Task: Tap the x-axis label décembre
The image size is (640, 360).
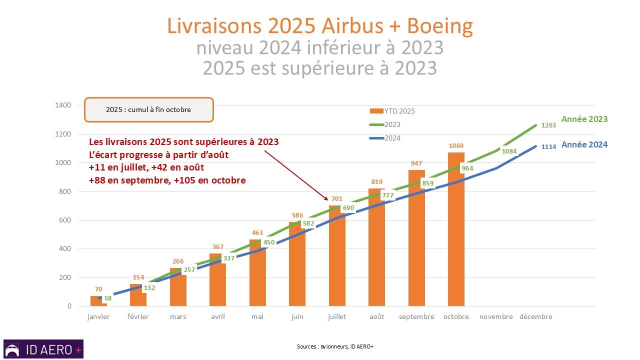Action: (x=535, y=316)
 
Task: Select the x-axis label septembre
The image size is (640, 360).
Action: (x=416, y=316)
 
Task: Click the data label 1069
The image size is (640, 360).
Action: (x=456, y=146)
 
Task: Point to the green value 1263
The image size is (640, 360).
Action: (x=549, y=125)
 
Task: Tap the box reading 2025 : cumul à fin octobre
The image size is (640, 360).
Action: (x=148, y=109)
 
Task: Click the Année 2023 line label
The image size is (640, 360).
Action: (x=584, y=119)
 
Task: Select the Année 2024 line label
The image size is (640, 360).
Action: (x=584, y=144)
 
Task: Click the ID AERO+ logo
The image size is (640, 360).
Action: (x=43, y=349)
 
